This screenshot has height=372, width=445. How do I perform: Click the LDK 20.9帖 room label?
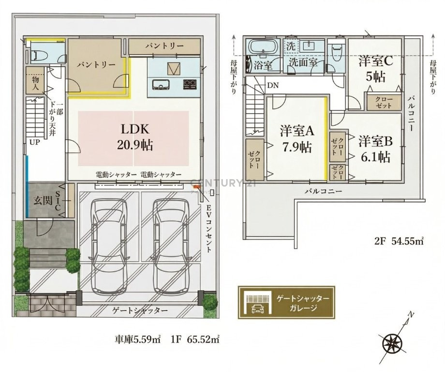pos(135,137)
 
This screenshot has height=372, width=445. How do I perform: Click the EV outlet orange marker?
pos(197,187)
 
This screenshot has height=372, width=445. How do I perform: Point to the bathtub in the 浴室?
pos(263,46)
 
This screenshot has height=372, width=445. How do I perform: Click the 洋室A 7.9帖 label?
pos(297,139)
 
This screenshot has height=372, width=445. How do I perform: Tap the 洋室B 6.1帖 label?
pos(375,149)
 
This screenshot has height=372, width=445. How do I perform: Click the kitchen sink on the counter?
pos(161,84)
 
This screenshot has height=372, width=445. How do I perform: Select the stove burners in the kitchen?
pos(190,84)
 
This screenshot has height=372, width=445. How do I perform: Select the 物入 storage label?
pos(35,83)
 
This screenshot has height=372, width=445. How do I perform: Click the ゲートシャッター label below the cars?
pos(140,310)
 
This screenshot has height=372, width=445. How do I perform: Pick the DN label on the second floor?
pos(273,85)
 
